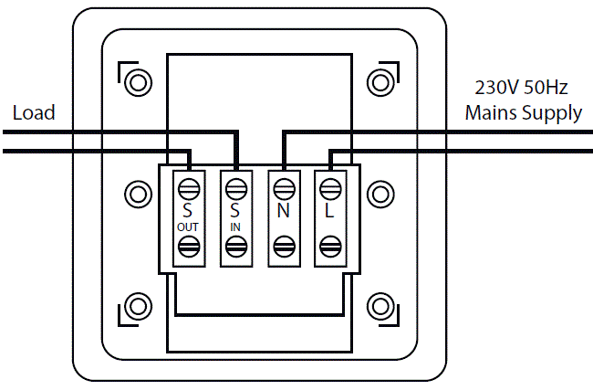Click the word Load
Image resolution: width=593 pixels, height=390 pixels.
point(34,113)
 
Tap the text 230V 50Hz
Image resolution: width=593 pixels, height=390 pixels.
point(522,90)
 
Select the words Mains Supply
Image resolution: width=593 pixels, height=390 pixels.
point(523,113)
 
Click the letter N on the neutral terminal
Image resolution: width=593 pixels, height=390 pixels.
point(283,210)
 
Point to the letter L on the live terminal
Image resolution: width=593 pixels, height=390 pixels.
point(329,210)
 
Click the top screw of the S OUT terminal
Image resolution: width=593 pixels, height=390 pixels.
point(189,188)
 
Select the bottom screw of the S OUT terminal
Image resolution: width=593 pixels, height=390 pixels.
point(189,246)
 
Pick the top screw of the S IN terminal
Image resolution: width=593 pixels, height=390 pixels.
point(235,188)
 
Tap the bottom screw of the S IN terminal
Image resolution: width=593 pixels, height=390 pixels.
point(235,246)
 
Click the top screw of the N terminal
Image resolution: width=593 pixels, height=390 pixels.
point(283,188)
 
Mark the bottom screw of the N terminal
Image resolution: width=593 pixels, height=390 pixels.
point(283,246)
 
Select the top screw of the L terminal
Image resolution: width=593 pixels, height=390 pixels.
point(329,188)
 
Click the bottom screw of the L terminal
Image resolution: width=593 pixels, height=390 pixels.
point(329,246)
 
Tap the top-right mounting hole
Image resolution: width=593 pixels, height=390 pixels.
point(380,82)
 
